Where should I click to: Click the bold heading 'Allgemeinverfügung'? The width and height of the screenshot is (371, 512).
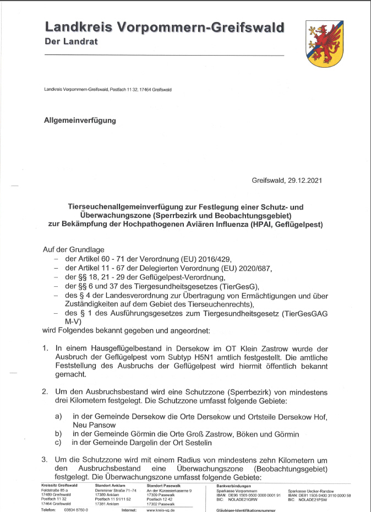tap(80, 121)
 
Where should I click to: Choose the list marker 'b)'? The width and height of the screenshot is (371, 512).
tap(58, 434)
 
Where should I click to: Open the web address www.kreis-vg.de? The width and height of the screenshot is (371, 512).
tap(161, 510)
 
